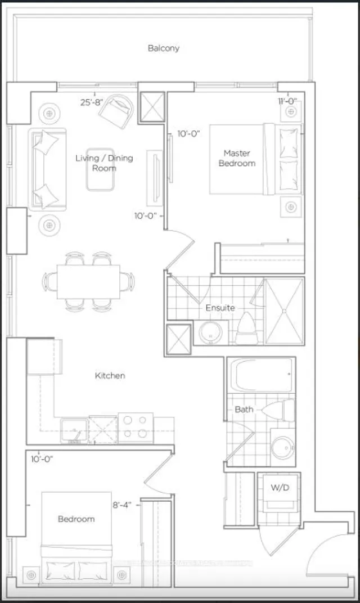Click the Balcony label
(x=164, y=48)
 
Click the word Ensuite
(x=219, y=308)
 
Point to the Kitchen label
(x=110, y=375)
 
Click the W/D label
(x=279, y=487)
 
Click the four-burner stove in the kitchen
(x=135, y=427)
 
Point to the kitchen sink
(x=73, y=430)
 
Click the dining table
(x=88, y=281)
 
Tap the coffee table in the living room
(x=101, y=177)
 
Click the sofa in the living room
(x=48, y=169)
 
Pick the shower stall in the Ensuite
(x=284, y=310)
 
